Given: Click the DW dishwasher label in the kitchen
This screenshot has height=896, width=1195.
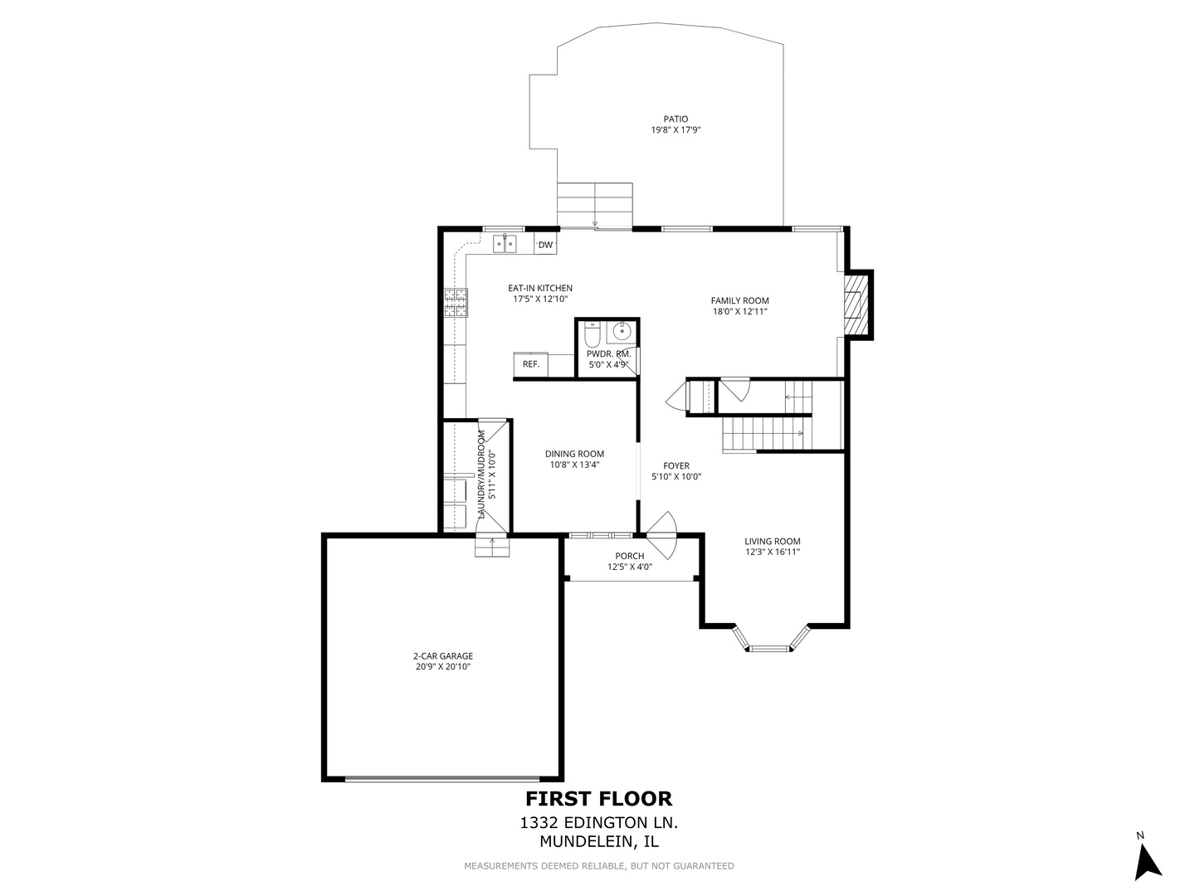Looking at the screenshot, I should [x=545, y=245].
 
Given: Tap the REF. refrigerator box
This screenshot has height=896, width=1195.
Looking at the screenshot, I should [x=530, y=364].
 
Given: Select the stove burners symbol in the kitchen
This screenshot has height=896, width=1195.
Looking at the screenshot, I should [x=455, y=303].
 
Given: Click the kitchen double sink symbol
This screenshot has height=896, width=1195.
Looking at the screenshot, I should [x=505, y=243].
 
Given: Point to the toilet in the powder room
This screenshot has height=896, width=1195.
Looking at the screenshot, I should [x=592, y=335].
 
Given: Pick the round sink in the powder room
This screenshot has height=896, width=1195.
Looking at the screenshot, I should [x=621, y=333].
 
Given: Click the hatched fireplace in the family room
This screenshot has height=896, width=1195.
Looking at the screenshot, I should [x=855, y=304].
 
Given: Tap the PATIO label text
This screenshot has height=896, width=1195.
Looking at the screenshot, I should [x=676, y=119].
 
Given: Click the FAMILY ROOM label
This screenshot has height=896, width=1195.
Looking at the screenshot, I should [x=739, y=301].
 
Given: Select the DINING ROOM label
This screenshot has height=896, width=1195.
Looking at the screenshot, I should [x=574, y=454].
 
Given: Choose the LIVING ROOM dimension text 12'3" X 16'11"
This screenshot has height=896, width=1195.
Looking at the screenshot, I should [x=772, y=552].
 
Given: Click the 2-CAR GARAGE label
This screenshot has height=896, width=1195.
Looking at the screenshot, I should [x=443, y=656].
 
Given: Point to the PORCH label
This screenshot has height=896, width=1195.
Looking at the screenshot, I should [x=629, y=556].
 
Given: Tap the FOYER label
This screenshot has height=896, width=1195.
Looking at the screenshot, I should [x=676, y=466].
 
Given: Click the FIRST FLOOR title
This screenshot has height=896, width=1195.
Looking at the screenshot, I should [x=598, y=799].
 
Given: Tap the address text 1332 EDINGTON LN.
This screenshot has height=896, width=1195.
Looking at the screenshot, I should [x=598, y=823].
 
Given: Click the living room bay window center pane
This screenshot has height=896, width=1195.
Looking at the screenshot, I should [x=770, y=648].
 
